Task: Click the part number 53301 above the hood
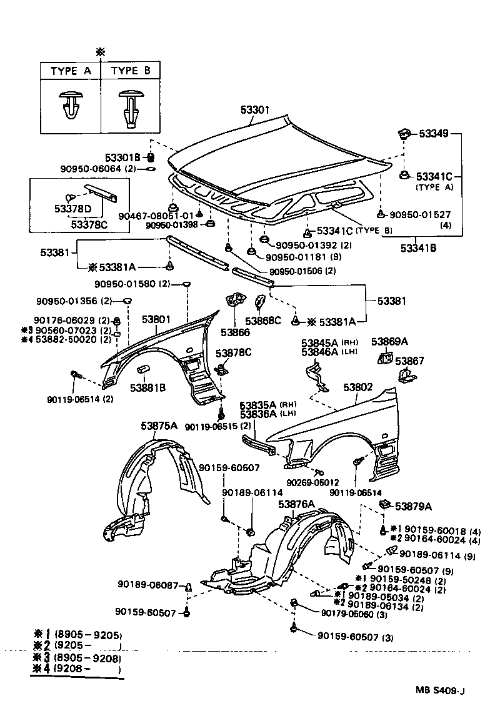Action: point(255,110)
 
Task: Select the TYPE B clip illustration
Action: point(131,107)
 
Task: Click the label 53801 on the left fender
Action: point(156,319)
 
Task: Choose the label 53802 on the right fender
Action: point(358,387)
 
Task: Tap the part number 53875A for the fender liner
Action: point(159,426)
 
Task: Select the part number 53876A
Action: point(296,504)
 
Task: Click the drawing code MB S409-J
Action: point(441,690)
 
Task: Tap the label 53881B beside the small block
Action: point(148,388)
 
